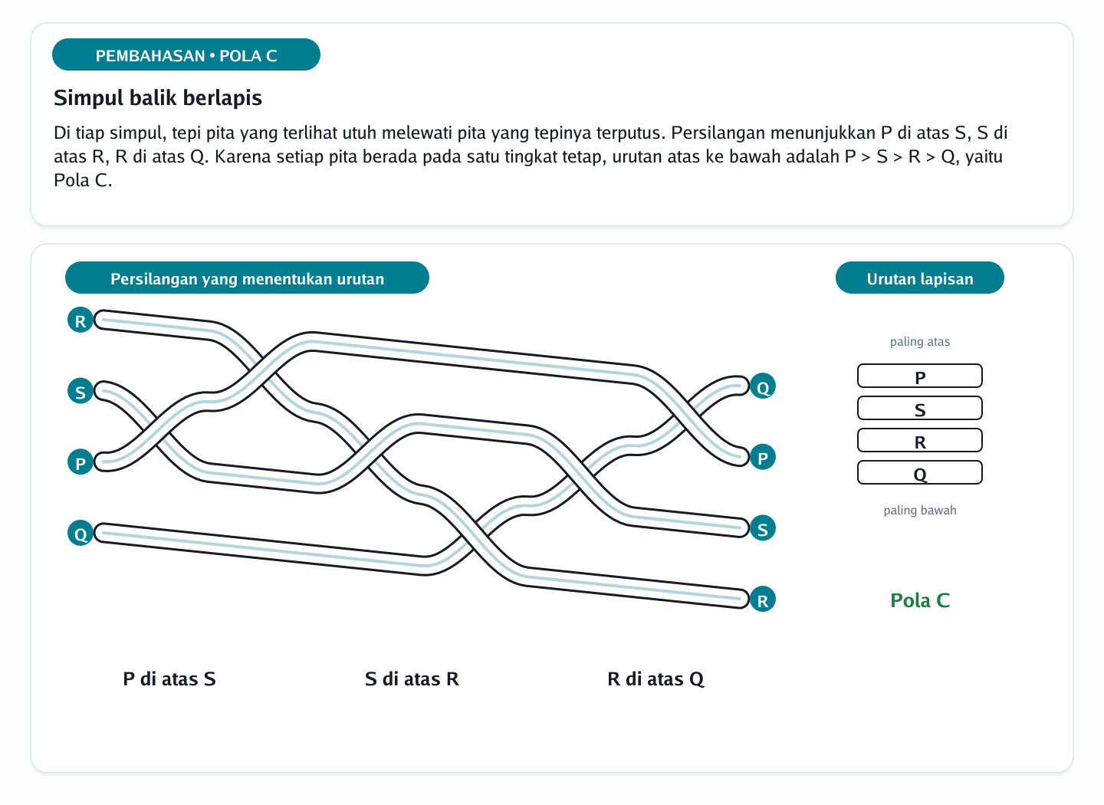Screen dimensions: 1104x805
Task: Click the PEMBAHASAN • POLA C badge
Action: [186, 54]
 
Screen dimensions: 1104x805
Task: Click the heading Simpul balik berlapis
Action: [158, 97]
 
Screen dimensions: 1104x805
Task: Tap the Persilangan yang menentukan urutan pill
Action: [247, 278]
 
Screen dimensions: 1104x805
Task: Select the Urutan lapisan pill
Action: [920, 278]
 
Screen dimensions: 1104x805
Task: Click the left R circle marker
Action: [80, 320]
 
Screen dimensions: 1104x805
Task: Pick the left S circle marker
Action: [80, 392]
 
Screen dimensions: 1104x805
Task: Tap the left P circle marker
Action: [80, 462]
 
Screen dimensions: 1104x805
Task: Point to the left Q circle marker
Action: [80, 534]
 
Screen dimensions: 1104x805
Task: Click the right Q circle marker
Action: [762, 386]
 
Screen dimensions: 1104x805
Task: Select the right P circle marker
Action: [762, 458]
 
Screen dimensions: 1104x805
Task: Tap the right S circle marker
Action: [762, 528]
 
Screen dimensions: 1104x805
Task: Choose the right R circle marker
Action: [762, 600]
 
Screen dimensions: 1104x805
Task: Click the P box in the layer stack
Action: [920, 376]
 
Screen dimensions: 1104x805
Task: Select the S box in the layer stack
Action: [920, 408]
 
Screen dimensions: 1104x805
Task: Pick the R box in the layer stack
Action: [920, 441]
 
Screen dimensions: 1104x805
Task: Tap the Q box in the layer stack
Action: [920, 473]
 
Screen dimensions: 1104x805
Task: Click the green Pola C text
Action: [920, 600]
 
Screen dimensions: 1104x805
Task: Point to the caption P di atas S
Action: [169, 678]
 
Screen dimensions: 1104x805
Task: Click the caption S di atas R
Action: [412, 678]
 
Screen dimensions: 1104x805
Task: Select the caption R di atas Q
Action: [655, 679]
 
